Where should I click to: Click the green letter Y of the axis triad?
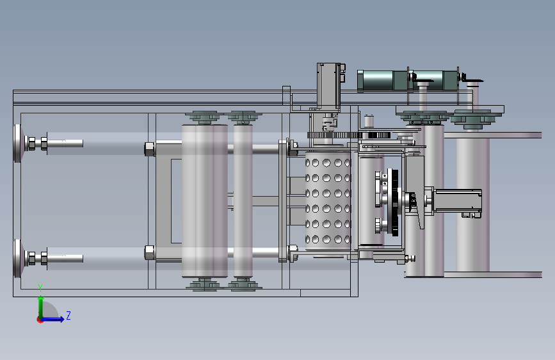click(40, 288)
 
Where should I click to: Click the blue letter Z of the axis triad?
click(68, 315)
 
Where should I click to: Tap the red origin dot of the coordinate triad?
click(40, 320)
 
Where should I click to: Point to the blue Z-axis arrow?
click(53, 319)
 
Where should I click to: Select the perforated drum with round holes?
click(328, 201)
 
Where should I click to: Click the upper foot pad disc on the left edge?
click(18, 143)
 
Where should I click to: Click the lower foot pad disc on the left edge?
click(18, 259)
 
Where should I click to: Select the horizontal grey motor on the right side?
click(456, 201)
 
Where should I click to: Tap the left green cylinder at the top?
click(383, 81)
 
